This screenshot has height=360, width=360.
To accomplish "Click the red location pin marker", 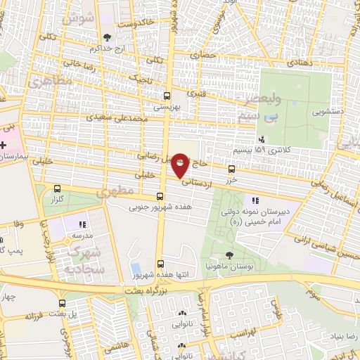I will tap(181, 165).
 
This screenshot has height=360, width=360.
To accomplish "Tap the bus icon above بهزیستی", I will tap(167, 96).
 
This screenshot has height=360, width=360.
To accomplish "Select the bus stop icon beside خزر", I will tap(232, 169).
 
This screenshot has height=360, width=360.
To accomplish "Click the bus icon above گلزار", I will tap(57, 188).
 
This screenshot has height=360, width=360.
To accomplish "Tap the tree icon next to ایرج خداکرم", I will tap(107, 38).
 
